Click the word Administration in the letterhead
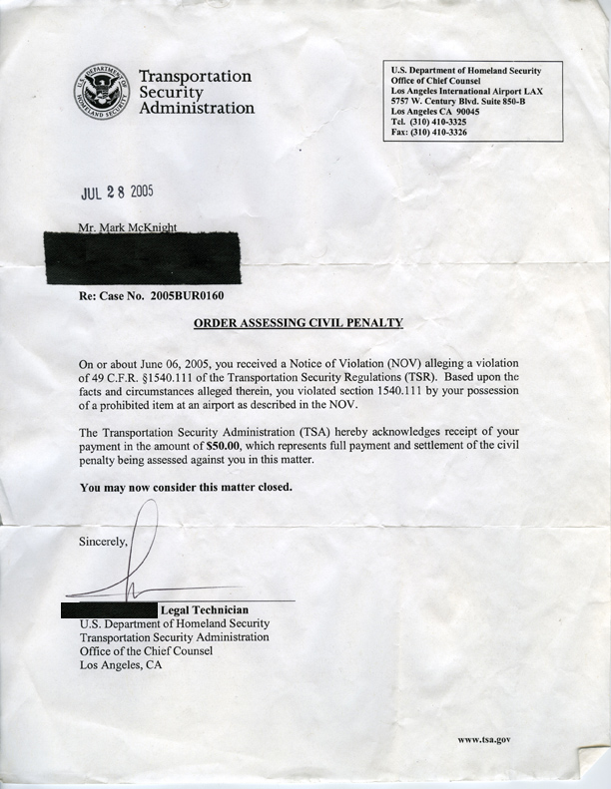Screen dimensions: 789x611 (x=197, y=108)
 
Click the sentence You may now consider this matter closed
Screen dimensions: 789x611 (x=185, y=488)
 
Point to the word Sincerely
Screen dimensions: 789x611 (x=104, y=543)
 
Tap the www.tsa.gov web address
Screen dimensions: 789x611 (x=484, y=739)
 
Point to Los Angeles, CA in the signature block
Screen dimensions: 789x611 (x=120, y=664)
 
